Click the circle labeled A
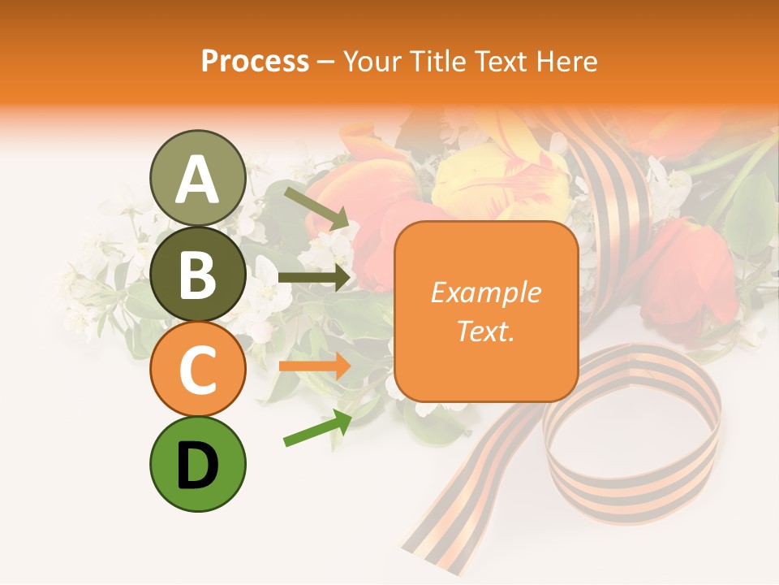pos(197,178)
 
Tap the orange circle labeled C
pos(197,369)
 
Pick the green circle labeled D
pos(197,464)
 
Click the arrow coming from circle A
pos(316,208)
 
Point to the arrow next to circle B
pos(314,278)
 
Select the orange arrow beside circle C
pos(314,366)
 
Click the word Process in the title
pos(255,62)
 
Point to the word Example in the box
pos(485,292)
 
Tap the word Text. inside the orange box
pos(485,331)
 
